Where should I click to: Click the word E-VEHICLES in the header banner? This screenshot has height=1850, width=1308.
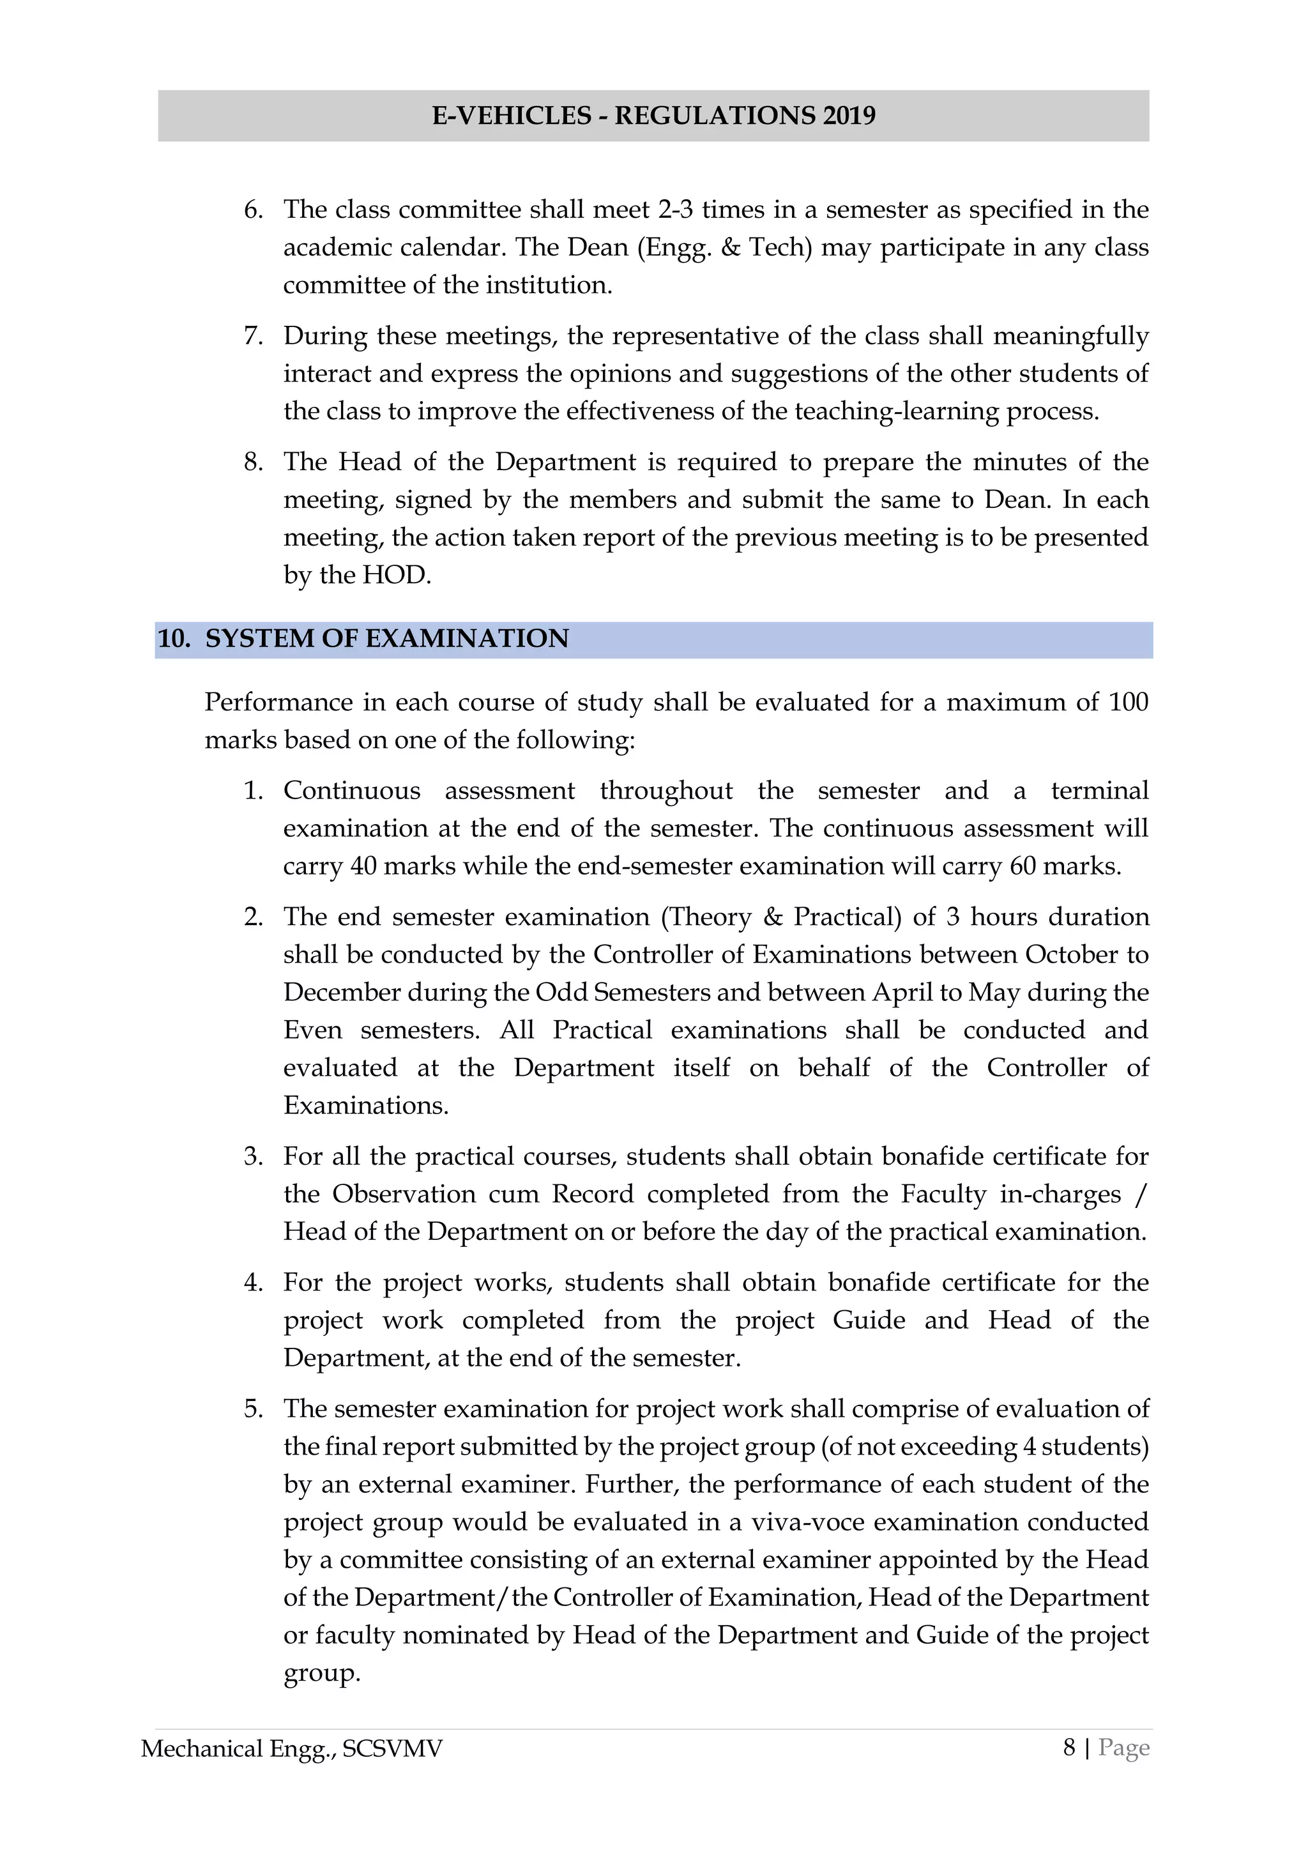coord(512,116)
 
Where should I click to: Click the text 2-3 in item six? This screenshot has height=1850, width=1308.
coord(675,210)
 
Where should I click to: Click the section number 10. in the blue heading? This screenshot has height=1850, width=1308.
coord(173,639)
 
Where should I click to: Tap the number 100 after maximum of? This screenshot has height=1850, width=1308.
coord(1128,702)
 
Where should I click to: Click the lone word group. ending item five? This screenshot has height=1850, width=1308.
coord(321,1674)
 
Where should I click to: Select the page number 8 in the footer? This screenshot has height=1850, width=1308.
coord(1068,1748)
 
